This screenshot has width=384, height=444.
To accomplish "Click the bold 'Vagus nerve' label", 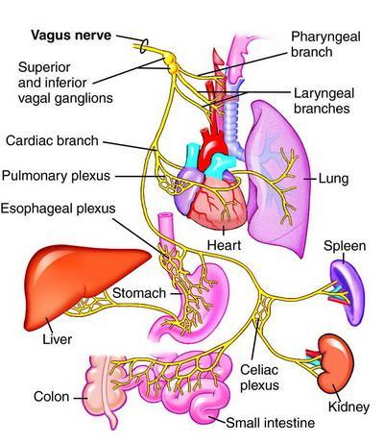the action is click(71, 36).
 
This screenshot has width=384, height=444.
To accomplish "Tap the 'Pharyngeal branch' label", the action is click(325, 44).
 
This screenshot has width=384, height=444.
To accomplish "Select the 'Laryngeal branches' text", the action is click(324, 101).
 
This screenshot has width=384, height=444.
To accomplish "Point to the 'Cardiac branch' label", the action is click(52, 141).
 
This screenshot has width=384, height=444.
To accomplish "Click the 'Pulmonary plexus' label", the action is click(56, 176).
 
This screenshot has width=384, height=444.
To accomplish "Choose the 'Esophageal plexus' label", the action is click(58, 209).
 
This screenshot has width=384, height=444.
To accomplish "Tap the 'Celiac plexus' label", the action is click(259, 378).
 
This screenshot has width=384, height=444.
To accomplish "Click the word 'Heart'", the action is click(224, 245).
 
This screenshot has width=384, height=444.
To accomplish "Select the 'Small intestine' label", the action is click(271, 423).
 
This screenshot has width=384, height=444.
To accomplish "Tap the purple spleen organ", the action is click(348, 291).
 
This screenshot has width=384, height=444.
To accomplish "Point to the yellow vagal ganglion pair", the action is click(171, 63).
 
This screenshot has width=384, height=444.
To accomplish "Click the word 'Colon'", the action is click(51, 397).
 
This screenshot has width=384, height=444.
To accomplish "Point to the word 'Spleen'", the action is click(345, 246).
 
